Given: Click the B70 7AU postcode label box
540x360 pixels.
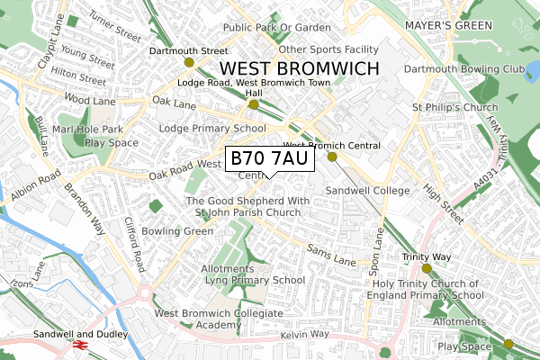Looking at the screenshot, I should coord(269,159).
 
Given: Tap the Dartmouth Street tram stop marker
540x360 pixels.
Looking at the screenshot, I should coord(189,62).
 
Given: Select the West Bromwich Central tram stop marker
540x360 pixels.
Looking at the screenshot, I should coord(332,157).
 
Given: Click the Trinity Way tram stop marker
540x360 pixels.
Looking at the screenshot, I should coord(427,268).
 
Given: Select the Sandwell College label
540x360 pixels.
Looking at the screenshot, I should coord(366,191).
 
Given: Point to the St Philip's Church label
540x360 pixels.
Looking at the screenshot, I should coord(454,109).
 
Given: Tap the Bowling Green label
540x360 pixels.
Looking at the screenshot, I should coord(183,231).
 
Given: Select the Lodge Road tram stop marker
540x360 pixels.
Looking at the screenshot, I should coord(254,104).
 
